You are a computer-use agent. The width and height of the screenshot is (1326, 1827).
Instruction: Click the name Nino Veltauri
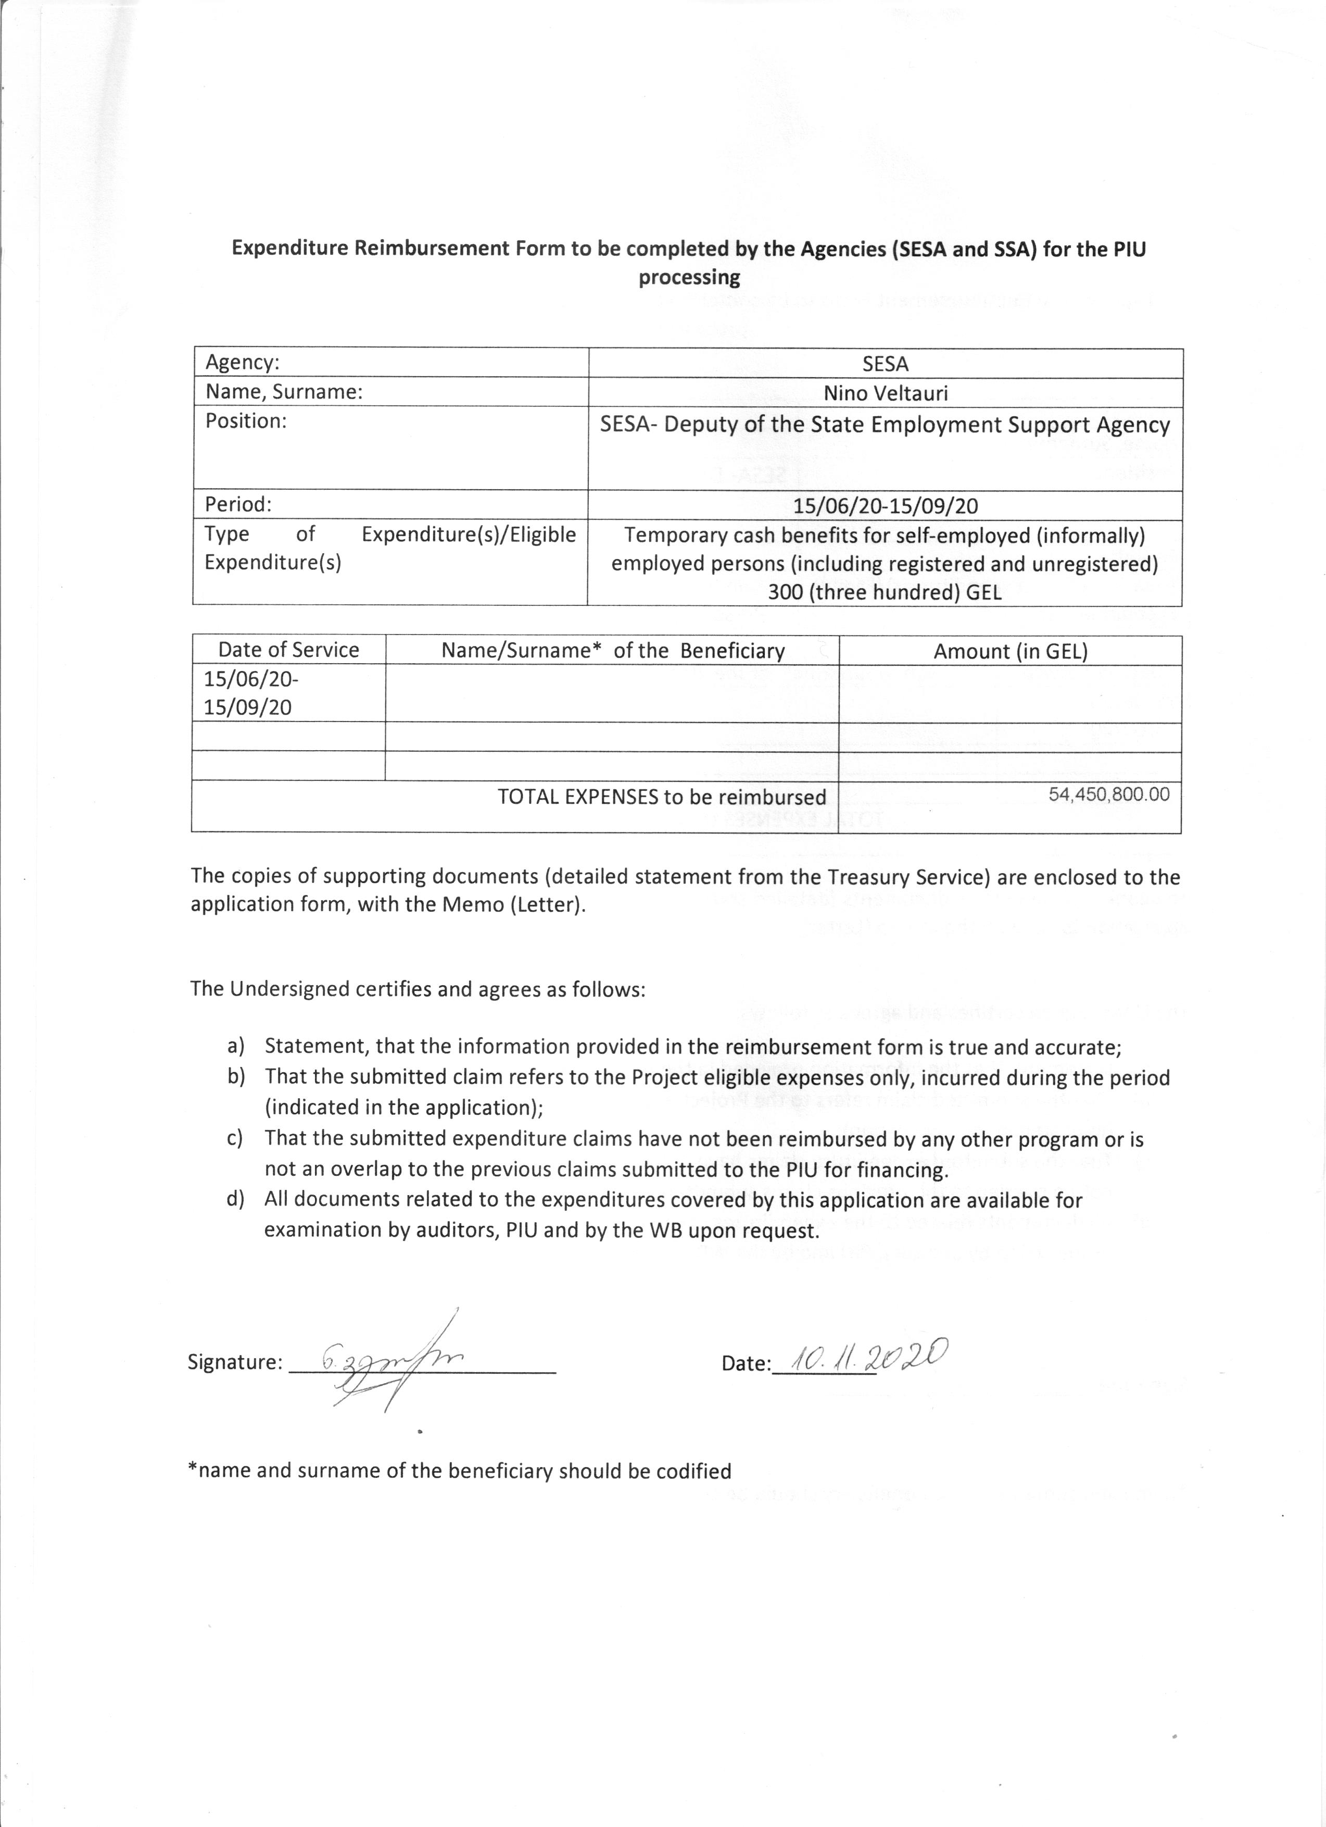pos(885,393)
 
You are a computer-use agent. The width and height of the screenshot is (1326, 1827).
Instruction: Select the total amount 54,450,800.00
pos(1108,794)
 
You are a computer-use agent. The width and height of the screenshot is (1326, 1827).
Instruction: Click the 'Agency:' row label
pos(242,363)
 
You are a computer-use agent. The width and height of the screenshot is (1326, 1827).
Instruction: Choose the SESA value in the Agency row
pos(885,364)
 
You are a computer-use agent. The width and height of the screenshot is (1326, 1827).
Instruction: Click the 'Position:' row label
pos(246,421)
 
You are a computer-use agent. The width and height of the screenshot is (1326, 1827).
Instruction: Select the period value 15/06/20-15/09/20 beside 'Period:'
pos(885,506)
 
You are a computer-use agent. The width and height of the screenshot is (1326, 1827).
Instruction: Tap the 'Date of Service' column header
pos(288,650)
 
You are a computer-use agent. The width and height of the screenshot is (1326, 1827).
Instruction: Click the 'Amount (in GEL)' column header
pos(1009,652)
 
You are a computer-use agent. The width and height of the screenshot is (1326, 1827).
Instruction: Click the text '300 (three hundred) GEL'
pos(884,593)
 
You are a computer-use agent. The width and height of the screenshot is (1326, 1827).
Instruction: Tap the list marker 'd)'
pos(235,1199)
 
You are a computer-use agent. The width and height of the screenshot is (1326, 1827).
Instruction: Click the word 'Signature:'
pos(234,1362)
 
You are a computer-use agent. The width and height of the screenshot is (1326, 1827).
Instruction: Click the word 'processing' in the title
pos(688,278)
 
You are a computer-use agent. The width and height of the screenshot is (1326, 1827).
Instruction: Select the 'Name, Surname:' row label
pos(283,392)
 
